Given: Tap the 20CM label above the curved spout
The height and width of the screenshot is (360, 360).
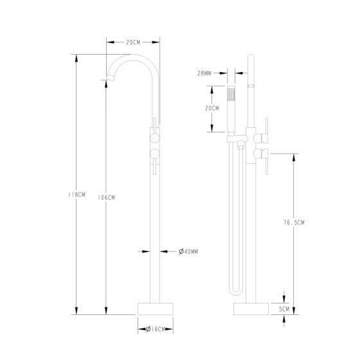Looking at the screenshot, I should click(133, 42).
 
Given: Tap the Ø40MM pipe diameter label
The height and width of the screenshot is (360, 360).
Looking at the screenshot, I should click(188, 251).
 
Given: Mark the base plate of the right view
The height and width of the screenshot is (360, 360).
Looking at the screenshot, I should click(251, 307).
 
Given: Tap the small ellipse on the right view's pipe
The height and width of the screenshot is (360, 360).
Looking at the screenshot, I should click(251, 84).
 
